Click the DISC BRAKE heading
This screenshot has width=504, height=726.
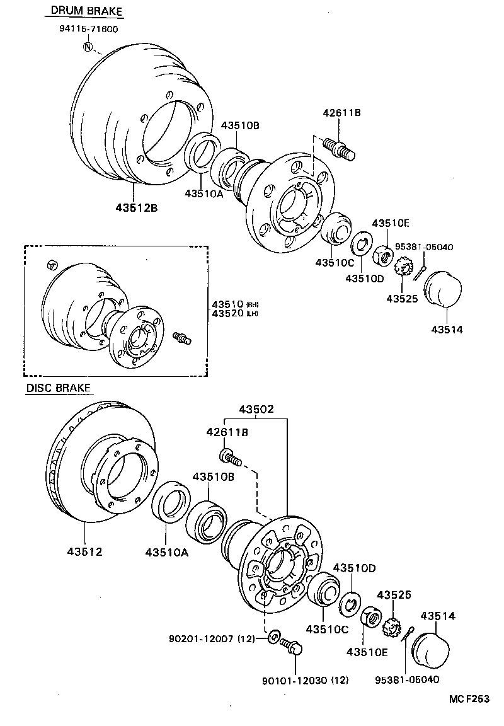pyautogui.click(x=59, y=388)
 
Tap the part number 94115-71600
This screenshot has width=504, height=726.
pyautogui.click(x=88, y=29)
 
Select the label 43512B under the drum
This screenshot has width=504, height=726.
pyautogui.click(x=136, y=207)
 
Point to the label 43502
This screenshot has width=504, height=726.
pyautogui.click(x=256, y=409)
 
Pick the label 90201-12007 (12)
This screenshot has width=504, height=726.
pyautogui.click(x=211, y=638)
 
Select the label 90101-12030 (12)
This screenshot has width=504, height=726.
pyautogui.click(x=306, y=680)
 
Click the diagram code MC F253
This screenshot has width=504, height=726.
pyautogui.click(x=469, y=699)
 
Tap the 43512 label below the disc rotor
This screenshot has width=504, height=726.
pyautogui.click(x=84, y=551)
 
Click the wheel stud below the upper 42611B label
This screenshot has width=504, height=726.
pyautogui.click(x=339, y=149)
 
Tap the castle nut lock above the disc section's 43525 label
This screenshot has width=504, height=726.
pyautogui.click(x=392, y=626)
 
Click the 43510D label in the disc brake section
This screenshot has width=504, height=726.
pyautogui.click(x=354, y=568)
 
